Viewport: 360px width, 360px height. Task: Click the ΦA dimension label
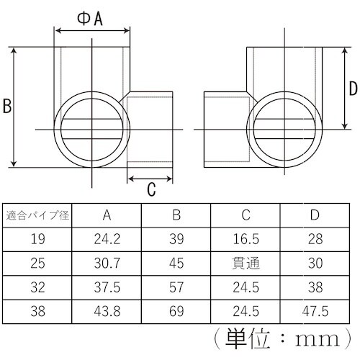[x=91, y=19]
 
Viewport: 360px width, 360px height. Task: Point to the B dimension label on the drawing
[x=6, y=107]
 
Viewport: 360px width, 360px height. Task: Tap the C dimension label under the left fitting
[x=151, y=190]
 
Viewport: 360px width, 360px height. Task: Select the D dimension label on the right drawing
[x=353, y=89]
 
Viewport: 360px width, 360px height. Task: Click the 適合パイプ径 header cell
[x=37, y=215]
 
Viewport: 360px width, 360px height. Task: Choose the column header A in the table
[x=106, y=215]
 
